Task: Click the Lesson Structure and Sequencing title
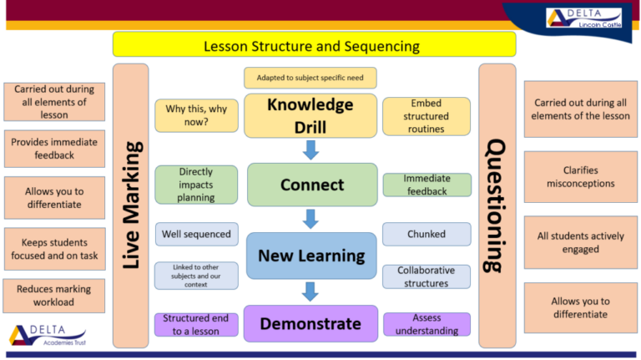pos(313,45)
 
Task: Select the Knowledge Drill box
pos(310,116)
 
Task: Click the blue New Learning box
pos(311,256)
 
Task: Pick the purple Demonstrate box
pos(310,323)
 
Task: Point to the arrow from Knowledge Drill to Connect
pos(311,150)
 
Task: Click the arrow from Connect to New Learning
pos(311,219)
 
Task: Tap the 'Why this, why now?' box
pos(196,116)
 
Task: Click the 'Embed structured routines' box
pos(426,117)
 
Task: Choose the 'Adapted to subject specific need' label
pos(310,79)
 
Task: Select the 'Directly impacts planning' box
pos(196,185)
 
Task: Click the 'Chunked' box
pos(426,234)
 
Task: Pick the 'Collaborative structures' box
pos(426,276)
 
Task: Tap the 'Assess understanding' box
pos(426,324)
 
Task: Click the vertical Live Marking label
pos(130,205)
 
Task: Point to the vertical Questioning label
pos(497,205)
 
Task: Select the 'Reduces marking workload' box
pos(53,296)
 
